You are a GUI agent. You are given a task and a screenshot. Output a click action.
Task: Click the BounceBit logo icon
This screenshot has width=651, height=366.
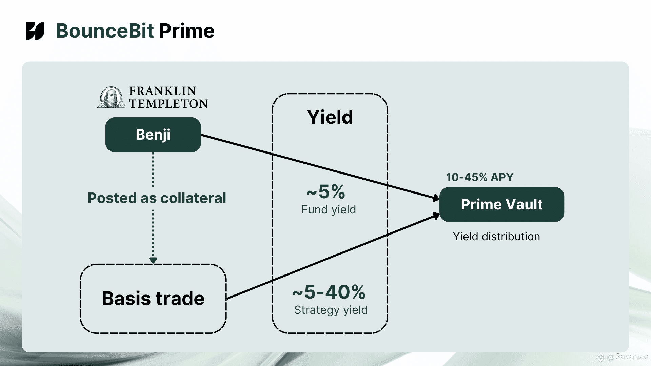click(35, 31)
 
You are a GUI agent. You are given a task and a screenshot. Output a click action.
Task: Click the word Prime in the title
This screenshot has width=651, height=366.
click(186, 31)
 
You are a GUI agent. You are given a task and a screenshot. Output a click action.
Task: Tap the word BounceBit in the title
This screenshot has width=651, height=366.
click(105, 31)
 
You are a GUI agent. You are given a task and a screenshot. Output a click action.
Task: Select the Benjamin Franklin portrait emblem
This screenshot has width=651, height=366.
click(111, 97)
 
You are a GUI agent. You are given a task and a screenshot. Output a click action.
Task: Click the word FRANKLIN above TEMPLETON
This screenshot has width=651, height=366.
click(162, 91)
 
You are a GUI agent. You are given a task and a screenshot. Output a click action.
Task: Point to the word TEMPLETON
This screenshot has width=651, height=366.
click(169, 104)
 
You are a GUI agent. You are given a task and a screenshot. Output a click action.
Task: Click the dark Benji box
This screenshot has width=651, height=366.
click(153, 135)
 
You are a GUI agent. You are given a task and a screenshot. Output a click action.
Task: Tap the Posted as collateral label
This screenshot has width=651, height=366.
click(157, 198)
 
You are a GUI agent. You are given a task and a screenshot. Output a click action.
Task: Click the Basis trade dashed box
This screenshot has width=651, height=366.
click(153, 299)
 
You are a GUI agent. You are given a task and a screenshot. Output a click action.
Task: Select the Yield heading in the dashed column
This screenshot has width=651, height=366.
click(330, 117)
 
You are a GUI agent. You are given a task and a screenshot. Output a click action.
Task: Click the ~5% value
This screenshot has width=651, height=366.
click(326, 192)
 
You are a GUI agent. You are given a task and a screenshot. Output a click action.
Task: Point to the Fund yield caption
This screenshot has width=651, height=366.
click(329, 210)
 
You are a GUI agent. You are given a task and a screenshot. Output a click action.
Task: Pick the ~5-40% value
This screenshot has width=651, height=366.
click(329, 292)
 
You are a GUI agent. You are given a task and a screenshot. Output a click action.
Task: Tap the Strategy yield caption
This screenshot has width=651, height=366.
click(331, 310)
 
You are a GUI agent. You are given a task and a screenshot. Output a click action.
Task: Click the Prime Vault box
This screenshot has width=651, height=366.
click(502, 204)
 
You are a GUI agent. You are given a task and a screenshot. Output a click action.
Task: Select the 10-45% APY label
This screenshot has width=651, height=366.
click(480, 177)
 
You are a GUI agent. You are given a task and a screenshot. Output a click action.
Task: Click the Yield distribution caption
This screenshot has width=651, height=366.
click(496, 237)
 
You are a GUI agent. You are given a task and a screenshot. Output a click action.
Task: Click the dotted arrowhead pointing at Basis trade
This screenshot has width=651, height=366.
click(153, 260)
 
